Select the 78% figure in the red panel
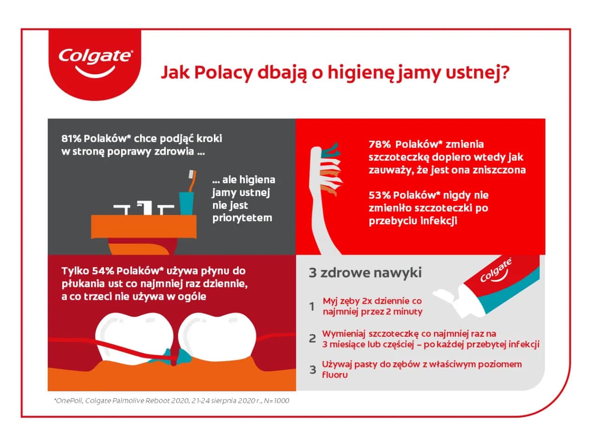pos(379,144)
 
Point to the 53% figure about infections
pos(379,195)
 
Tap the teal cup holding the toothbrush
pos(186,203)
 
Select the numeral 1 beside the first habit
pos(312,307)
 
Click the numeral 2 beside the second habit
pos(312,339)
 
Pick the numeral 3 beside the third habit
pos(313,370)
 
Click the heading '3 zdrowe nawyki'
pos(365,272)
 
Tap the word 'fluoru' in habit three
pos(335,374)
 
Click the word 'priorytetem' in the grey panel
pos(242,218)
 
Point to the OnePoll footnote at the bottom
pos(172,400)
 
